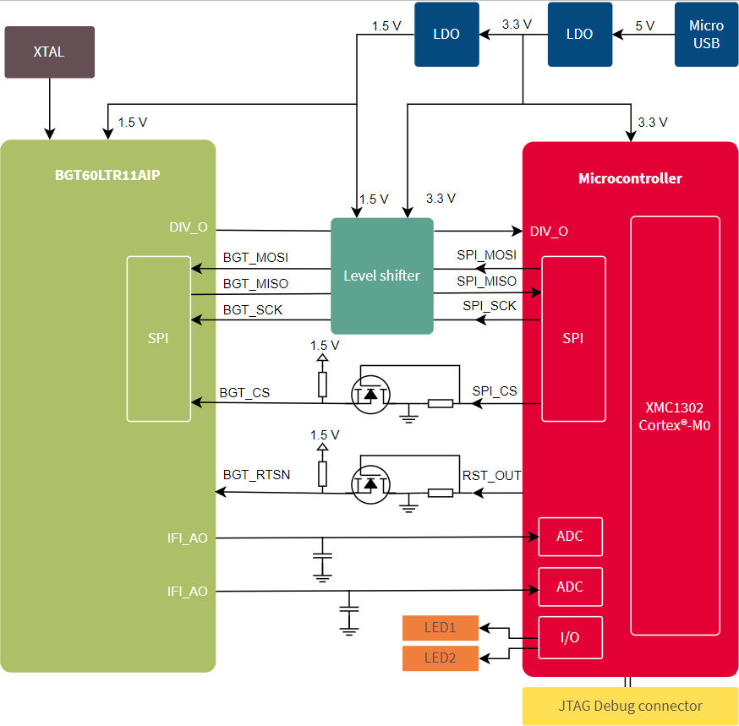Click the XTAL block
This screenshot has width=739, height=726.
49,52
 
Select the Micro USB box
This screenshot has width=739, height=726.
706,35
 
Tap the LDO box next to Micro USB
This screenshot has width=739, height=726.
579,35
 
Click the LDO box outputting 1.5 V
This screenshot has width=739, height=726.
446,35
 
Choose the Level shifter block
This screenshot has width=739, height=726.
381,276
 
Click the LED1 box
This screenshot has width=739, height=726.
440,628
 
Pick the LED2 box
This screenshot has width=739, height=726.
440,658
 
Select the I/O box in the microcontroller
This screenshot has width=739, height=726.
570,637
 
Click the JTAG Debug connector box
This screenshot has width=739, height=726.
630,706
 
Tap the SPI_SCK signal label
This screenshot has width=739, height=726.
489,306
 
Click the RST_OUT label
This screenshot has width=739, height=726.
491,476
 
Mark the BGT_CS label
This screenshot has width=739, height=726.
244,392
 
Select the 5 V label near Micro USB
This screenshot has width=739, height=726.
644,26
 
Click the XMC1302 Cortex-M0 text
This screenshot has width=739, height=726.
674,416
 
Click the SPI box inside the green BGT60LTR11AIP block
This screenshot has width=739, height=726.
158,338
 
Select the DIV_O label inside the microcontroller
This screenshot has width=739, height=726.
549,231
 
